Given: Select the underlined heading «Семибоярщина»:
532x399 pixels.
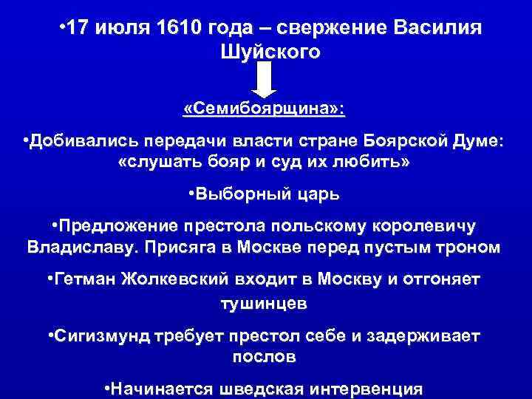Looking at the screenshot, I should pos(264,109).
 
